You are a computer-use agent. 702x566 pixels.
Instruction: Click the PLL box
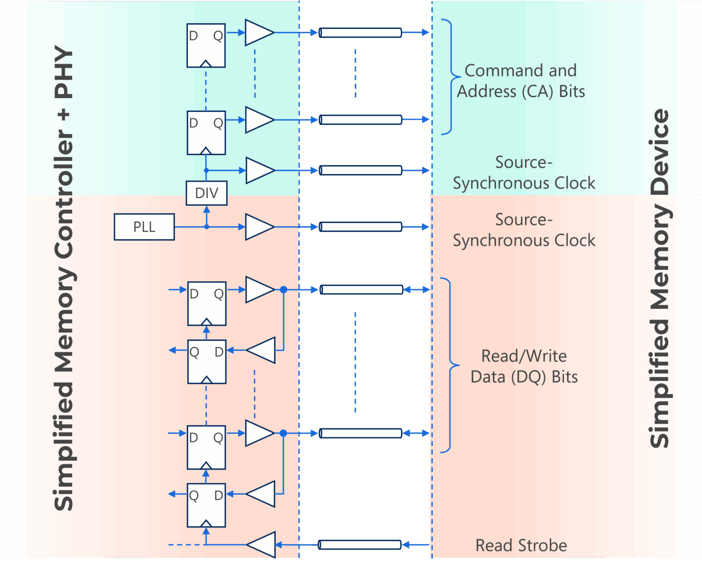click(144, 227)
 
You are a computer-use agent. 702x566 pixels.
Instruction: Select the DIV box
click(207, 193)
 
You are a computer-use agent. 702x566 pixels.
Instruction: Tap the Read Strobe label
click(521, 545)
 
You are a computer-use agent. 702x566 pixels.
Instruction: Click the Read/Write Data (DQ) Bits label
click(524, 366)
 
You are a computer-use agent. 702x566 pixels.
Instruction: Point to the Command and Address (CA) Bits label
click(521, 81)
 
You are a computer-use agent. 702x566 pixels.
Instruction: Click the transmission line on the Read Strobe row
click(360, 545)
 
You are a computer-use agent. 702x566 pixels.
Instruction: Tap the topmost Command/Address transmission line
click(360, 32)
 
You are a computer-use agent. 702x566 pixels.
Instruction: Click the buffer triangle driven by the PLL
click(259, 227)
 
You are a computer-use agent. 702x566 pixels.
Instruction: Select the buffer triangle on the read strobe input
click(262, 545)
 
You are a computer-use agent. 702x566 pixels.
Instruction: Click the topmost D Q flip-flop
click(206, 46)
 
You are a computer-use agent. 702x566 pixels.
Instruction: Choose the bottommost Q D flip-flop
click(207, 505)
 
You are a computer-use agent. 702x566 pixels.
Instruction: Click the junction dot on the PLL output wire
click(207, 227)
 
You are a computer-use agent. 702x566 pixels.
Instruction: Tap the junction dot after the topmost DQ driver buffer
click(283, 289)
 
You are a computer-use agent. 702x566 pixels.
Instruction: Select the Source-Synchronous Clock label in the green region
click(524, 172)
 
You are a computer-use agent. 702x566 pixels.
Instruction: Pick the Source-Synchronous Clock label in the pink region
click(524, 230)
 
